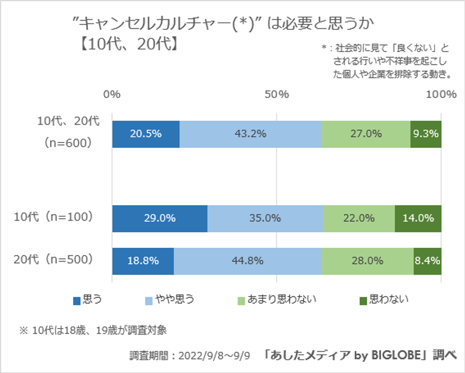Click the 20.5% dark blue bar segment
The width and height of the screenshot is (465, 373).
point(146,134)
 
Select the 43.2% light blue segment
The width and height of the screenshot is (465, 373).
point(250,134)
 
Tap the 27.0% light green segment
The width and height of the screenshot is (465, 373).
point(365,134)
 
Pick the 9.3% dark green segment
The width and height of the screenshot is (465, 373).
point(426,134)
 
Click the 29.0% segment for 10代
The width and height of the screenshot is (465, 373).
point(159,218)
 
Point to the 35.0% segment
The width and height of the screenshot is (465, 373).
point(265,218)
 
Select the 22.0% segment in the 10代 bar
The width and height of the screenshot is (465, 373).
point(359,218)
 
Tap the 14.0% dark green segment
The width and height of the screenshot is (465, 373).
point(418,218)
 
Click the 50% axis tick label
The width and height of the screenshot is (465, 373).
point(276,94)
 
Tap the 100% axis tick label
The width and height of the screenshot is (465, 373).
point(441,94)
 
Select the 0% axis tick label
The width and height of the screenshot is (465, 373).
point(112,94)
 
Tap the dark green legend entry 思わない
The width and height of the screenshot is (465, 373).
point(388,300)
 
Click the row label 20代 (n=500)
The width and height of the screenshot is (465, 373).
point(53,259)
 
